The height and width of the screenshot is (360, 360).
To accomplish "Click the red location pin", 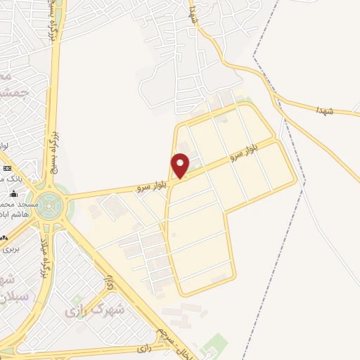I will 181,165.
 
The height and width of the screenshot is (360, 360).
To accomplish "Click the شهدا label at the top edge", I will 193,12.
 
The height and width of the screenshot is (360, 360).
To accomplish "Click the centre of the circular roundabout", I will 49,205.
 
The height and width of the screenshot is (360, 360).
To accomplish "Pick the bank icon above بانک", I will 8,169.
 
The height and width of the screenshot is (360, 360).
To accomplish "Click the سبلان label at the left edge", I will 8,296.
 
